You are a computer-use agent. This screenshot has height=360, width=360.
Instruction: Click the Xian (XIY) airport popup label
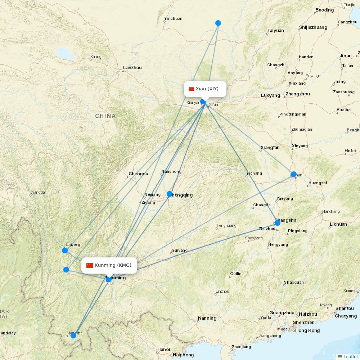tap(205, 89)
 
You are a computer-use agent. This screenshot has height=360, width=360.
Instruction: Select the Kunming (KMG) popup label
tap(109, 266)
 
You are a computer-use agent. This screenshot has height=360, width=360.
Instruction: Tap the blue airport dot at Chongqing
tap(170, 194)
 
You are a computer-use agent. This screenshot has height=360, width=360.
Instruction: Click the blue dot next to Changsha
tap(277, 223)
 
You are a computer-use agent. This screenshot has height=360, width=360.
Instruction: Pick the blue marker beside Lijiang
tap(65, 251)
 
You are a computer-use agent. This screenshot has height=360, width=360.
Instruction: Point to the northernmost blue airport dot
tap(218, 23)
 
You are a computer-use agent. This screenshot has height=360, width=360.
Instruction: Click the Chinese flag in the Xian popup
tap(192, 89)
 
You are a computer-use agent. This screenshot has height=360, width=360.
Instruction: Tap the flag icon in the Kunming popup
tap(90, 266)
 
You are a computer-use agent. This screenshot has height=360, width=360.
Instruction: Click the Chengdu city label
tap(138, 174)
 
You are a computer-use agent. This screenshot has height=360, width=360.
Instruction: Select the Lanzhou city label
tap(132, 68)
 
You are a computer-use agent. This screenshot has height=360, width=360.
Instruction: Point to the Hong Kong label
tap(307, 330)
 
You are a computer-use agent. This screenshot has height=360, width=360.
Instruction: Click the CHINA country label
tap(105, 116)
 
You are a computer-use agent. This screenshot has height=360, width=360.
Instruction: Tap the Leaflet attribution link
tap(350, 356)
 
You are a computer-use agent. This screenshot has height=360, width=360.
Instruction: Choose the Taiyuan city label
tap(276, 31)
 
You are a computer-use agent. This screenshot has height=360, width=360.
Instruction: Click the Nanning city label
tap(207, 318)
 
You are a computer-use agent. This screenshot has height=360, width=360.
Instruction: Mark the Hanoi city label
tap(163, 349)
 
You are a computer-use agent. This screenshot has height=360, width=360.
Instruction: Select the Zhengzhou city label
tap(297, 94)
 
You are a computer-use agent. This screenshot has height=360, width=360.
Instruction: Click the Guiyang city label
tap(180, 250)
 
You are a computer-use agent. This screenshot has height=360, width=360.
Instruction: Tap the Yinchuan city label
tap(173, 18)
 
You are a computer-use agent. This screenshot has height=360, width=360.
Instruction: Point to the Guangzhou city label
tap(282, 313)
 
